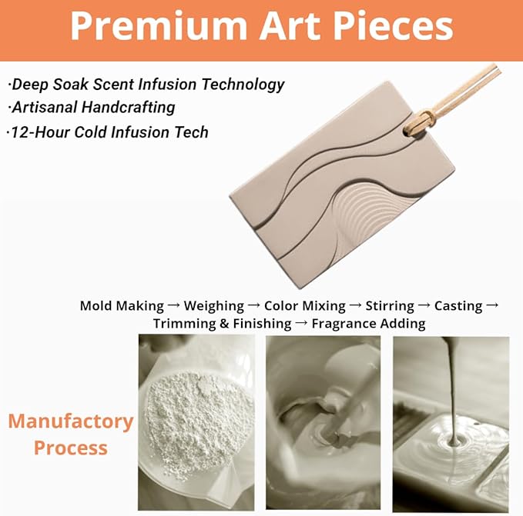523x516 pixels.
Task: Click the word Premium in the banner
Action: click(x=159, y=27)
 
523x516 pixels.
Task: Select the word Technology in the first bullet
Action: click(x=243, y=85)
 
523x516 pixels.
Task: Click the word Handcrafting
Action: click(x=129, y=108)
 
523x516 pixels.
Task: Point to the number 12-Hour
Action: click(x=40, y=132)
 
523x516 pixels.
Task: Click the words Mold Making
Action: click(x=122, y=306)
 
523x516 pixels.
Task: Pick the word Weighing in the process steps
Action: click(x=214, y=306)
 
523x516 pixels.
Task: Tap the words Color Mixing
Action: click(x=304, y=306)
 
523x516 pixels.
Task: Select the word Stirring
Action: click(x=390, y=306)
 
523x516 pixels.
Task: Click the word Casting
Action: click(x=458, y=306)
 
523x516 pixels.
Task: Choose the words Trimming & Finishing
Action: click(x=222, y=324)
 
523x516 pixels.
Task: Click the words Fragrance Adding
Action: click(x=368, y=324)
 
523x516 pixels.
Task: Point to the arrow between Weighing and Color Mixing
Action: click(x=254, y=305)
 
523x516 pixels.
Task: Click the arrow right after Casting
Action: click(x=492, y=305)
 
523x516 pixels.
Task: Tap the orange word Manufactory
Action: click(x=71, y=421)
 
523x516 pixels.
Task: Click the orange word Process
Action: click(x=71, y=448)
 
